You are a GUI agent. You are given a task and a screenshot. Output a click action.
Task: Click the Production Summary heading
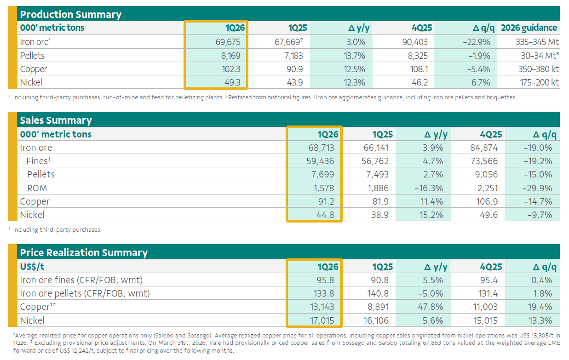[x=70, y=14]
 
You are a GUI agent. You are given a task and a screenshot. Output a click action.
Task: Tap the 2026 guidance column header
[x=529, y=28]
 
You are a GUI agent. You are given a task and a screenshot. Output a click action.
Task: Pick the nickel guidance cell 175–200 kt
[x=536, y=82]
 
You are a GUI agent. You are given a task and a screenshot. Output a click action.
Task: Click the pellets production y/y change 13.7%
[x=353, y=56]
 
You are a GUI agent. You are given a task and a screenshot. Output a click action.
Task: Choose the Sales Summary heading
[x=56, y=120]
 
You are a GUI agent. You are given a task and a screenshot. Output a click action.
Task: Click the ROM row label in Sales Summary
[x=37, y=188]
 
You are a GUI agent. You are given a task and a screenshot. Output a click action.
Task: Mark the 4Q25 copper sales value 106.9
[x=489, y=201]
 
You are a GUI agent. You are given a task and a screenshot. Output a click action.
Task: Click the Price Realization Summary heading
[x=84, y=252]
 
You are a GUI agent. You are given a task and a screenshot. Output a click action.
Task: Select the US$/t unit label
[x=32, y=267]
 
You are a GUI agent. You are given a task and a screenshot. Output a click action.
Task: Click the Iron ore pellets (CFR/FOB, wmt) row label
[x=85, y=293]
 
